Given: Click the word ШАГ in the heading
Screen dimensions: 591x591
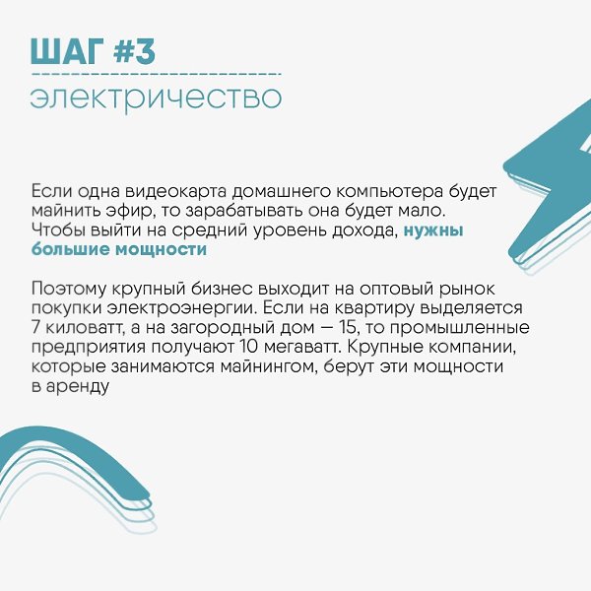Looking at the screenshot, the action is tap(66, 51).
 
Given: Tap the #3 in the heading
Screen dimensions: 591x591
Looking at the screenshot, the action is tap(134, 51).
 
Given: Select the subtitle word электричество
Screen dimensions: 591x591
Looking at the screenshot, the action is tap(156, 98).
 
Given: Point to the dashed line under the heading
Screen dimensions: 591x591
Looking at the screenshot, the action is tap(156, 74).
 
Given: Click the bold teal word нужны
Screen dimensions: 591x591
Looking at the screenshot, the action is tap(433, 230).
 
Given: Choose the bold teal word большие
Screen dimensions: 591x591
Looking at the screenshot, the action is tap(71, 249).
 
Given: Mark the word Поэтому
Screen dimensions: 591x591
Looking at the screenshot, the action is tap(69, 289).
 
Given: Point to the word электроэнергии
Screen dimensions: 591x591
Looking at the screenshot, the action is tap(181, 308).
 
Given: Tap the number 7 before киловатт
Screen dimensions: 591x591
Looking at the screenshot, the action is tap(35, 327).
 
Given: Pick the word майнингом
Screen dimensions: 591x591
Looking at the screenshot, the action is tap(269, 366).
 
